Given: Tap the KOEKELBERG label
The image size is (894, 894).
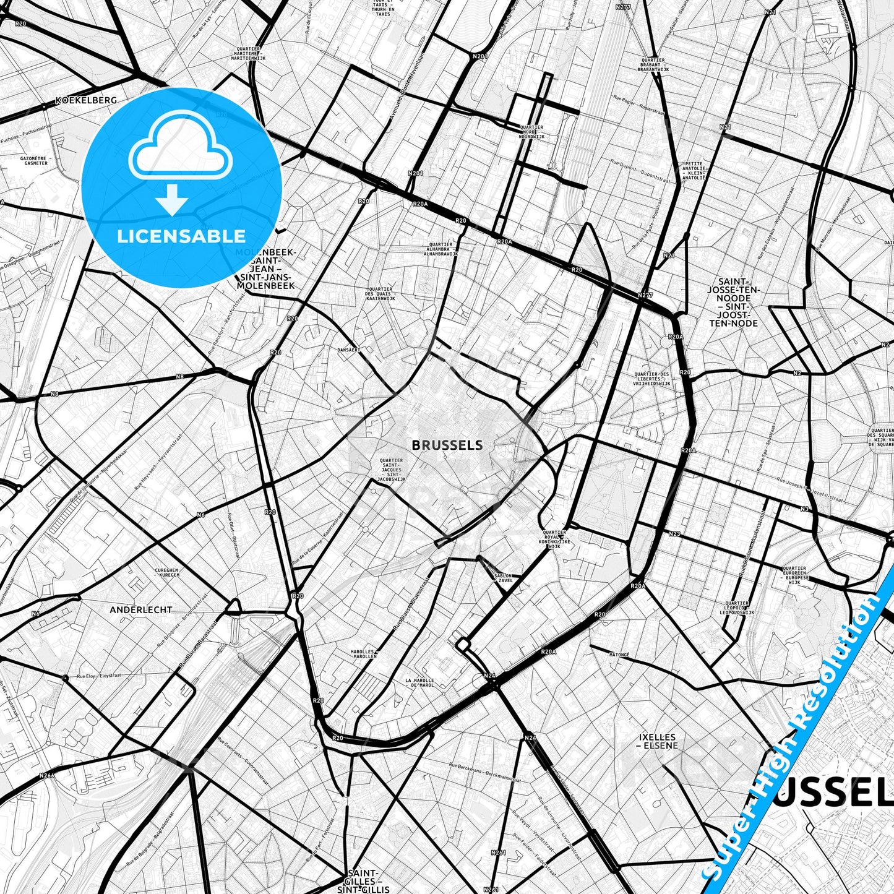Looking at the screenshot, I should coord(86,100).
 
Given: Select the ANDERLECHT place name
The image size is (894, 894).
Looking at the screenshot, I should coord(141,609).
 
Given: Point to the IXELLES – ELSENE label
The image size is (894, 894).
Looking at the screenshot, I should coord(658,741).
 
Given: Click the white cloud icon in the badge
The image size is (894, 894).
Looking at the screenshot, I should coord(180,152).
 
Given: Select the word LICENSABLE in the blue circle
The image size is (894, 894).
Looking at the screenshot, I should coord(181,236).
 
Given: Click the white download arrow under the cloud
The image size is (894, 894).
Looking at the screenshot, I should coord(172,200).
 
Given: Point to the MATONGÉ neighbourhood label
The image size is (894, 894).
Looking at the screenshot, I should coord(619,654).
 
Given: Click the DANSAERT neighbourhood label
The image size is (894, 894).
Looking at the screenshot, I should coord(348,350).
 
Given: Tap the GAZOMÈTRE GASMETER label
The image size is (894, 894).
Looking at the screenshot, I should coord(34,161).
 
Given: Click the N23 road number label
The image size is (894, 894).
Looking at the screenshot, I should coord(674,533).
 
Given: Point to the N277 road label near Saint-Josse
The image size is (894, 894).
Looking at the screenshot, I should coord(645,296).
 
